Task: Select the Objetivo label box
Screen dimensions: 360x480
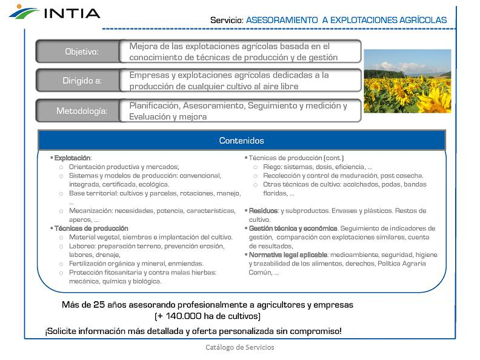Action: (x=81, y=52)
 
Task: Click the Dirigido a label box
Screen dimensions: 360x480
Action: (x=81, y=81)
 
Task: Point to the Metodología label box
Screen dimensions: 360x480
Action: (x=81, y=111)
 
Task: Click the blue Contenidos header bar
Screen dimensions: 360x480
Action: (x=241, y=141)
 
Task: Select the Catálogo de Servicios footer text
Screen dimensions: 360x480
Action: (x=239, y=347)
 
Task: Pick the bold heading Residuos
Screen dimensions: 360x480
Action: (x=264, y=211)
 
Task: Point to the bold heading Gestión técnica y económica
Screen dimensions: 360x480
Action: (x=293, y=228)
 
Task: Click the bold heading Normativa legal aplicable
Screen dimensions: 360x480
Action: (x=288, y=255)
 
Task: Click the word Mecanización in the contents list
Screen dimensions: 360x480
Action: (x=89, y=211)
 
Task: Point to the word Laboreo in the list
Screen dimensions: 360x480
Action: (x=80, y=246)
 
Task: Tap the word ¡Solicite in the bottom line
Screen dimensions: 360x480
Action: (x=61, y=332)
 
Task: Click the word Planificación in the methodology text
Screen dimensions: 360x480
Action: (x=155, y=105)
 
